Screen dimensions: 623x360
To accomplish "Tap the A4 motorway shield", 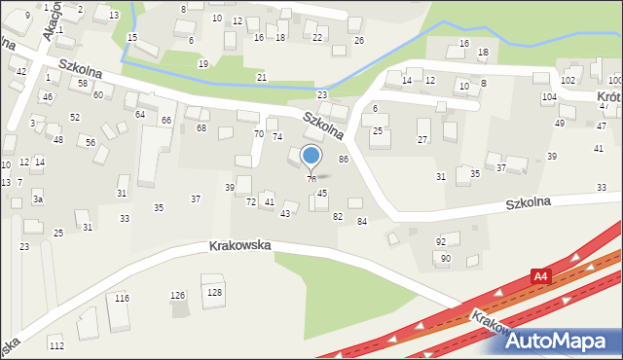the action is tap(540, 277).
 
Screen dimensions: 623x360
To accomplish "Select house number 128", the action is tap(214, 292).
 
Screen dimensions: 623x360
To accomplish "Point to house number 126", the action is tap(178, 295).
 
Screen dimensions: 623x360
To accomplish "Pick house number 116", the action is tap(121, 298).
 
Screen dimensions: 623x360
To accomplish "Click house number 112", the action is tap(56, 345).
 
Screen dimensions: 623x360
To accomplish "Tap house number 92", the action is tap(441, 241).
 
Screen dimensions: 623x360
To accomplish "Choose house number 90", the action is tap(446, 258).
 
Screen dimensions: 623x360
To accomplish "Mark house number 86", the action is tap(343, 159).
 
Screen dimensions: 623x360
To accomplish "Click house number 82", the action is tap(338, 216).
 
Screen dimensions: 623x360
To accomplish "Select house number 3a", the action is tap(38, 198).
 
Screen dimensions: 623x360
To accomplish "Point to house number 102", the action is tap(568, 80).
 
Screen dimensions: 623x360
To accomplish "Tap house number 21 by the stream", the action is tap(261, 76).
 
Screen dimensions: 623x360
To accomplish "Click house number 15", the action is tap(132, 37).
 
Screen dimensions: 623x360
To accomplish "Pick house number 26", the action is tap(358, 40).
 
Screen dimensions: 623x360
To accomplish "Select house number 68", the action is tap(202, 128).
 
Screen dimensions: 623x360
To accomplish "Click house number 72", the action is tap(251, 201).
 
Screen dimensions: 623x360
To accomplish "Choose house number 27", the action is tap(422, 140).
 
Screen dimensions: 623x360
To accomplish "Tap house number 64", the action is tap(140, 115).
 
